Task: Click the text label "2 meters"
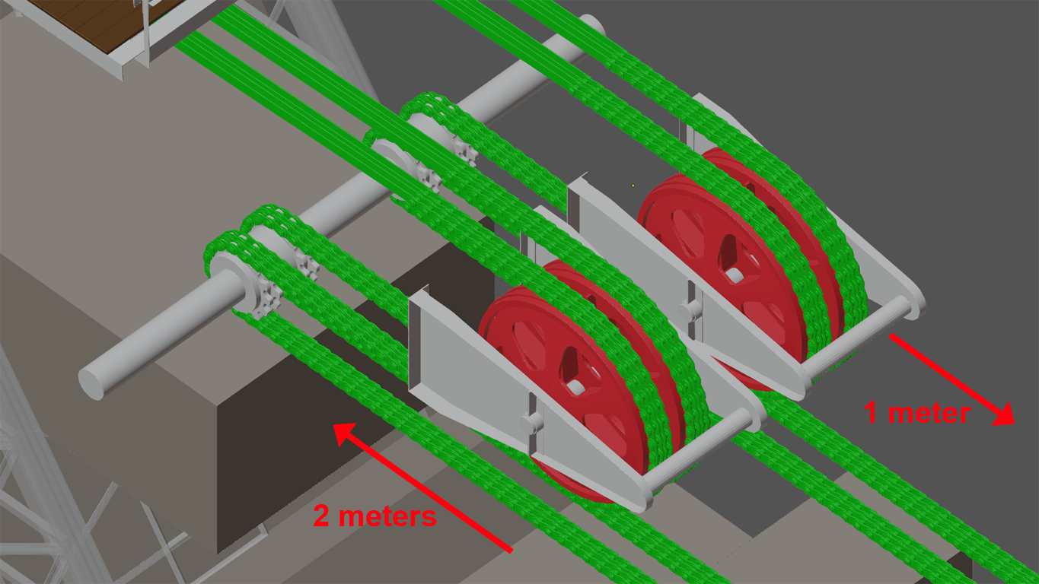[374, 516]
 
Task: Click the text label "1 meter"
[917, 412]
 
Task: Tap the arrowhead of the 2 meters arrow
[344, 434]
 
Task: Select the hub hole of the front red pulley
[575, 387]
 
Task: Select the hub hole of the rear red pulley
[735, 275]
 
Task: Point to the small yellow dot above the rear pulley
[633, 186]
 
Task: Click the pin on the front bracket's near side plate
[532, 423]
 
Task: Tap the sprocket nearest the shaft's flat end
[260, 287]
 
